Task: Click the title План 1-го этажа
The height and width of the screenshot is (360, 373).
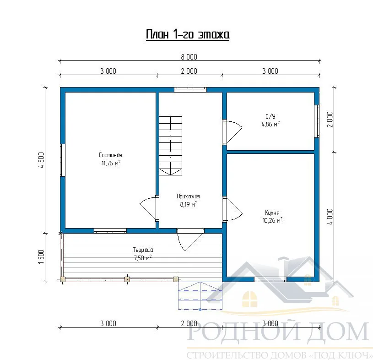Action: click(x=188, y=34)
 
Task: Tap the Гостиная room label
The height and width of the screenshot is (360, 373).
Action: click(x=110, y=155)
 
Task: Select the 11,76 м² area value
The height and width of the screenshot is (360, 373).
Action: click(x=111, y=163)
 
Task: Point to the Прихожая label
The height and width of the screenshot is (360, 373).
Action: click(x=188, y=196)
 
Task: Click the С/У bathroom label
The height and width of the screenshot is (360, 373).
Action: click(x=270, y=116)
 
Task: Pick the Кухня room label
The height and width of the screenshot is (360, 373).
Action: click(x=272, y=213)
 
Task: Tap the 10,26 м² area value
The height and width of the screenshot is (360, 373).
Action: click(x=272, y=220)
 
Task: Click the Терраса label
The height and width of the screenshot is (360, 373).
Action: click(x=143, y=250)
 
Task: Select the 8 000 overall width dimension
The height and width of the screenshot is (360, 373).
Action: click(x=189, y=57)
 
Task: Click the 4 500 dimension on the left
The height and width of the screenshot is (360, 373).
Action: click(x=41, y=160)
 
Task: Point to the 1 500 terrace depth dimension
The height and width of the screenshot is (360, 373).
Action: click(x=41, y=256)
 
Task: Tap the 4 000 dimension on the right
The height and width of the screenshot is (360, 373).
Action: click(x=330, y=217)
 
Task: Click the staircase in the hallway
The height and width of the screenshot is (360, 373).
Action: click(x=171, y=146)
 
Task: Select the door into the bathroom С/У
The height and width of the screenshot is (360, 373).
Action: click(x=232, y=132)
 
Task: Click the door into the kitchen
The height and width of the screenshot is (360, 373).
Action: click(x=232, y=209)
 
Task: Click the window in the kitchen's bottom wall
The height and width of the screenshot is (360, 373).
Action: click(x=270, y=279)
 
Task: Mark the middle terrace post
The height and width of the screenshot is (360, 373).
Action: click(x=127, y=279)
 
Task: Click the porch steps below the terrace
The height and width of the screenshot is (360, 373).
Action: click(x=200, y=296)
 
